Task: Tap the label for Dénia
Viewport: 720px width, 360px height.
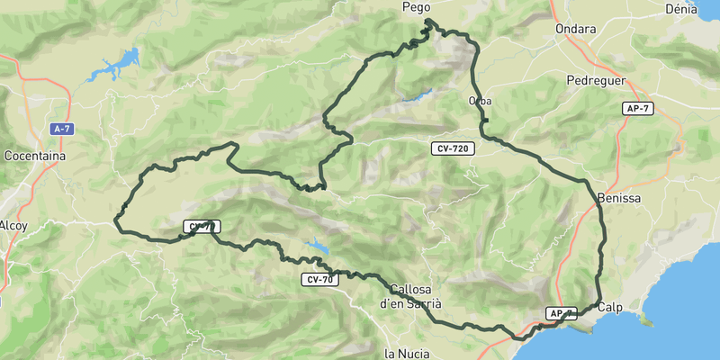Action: click(x=680, y=9)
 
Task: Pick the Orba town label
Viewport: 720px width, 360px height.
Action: click(x=480, y=101)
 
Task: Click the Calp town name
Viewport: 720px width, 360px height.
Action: click(x=609, y=307)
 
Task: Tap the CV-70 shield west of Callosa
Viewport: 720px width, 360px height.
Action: click(x=319, y=281)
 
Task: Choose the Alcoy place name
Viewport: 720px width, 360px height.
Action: click(x=13, y=225)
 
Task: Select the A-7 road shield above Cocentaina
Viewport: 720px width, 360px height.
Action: click(x=61, y=130)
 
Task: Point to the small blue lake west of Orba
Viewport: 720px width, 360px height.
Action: click(x=415, y=94)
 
